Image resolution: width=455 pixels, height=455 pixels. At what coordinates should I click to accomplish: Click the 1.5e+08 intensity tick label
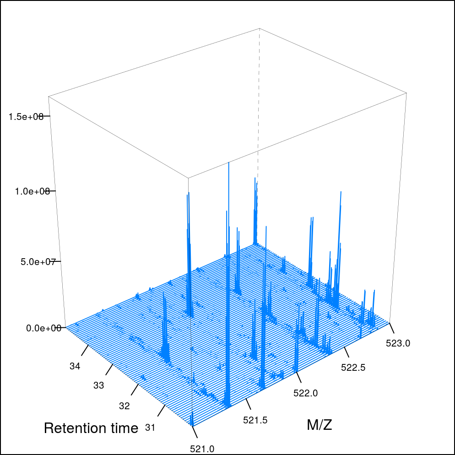[x=26, y=117]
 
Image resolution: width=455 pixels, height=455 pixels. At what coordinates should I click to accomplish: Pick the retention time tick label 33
[x=98, y=385]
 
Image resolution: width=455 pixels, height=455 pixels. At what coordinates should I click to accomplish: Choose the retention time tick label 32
[x=124, y=406]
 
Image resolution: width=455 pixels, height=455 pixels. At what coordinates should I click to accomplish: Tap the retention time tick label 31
[x=150, y=428]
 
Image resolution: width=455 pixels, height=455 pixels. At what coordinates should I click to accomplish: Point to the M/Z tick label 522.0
[x=305, y=393]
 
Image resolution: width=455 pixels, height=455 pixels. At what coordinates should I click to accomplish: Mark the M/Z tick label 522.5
[x=353, y=367]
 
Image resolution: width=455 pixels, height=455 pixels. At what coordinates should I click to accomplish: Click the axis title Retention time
[x=91, y=428]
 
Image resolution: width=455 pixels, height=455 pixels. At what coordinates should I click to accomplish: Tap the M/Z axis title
[x=319, y=425]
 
